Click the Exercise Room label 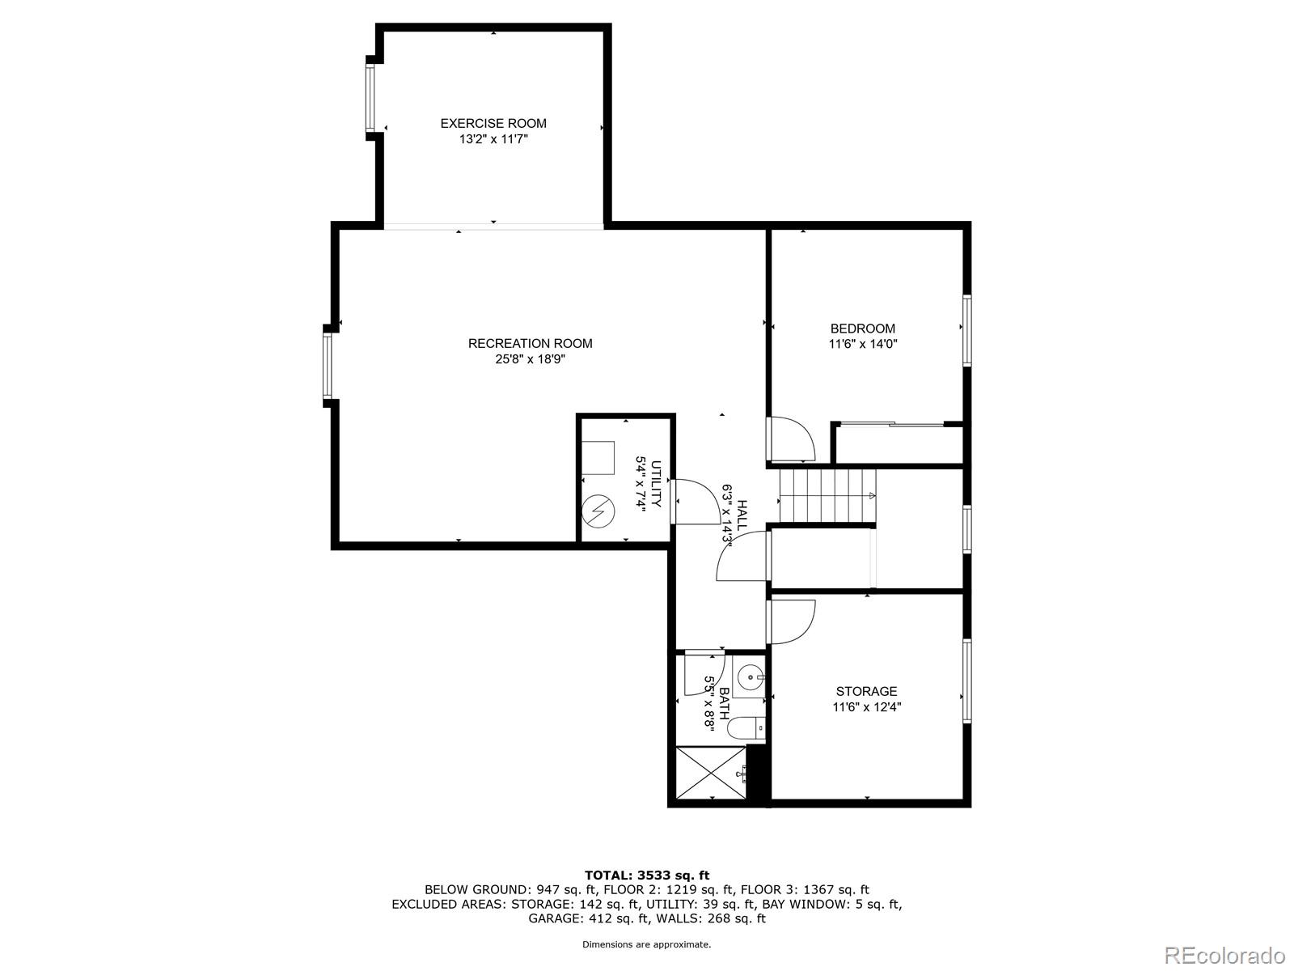click(493, 123)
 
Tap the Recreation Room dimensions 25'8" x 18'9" click(530, 359)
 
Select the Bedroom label click(863, 329)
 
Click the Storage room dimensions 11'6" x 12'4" click(867, 706)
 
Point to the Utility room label click(656, 484)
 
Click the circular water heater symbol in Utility click(598, 511)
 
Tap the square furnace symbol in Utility click(599, 458)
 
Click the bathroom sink click(751, 674)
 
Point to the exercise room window click(370, 98)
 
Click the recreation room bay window click(328, 367)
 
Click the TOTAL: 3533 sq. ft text click(646, 875)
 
